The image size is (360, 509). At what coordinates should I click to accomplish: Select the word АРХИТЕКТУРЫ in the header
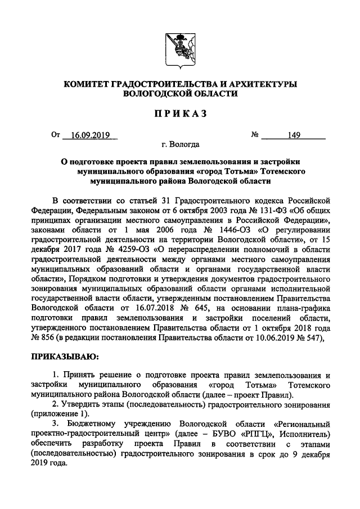point(260,84)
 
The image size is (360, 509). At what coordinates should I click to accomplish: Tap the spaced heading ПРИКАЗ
point(179,114)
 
